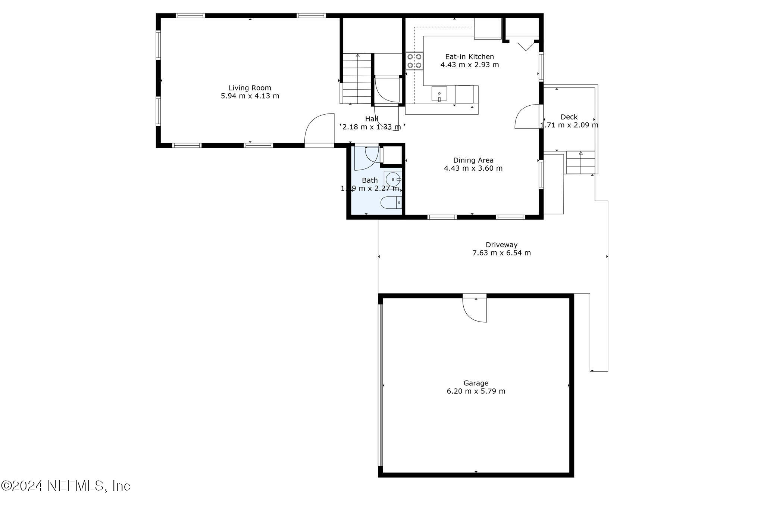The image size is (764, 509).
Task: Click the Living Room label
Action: point(250,88)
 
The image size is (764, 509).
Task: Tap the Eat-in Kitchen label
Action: point(469,57)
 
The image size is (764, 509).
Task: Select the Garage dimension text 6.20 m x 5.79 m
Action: point(476,391)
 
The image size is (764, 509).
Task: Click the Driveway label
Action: point(501,245)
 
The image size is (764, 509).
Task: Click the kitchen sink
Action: point(439,93)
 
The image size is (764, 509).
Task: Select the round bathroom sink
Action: point(393,180)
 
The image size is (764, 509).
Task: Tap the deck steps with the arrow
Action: point(580,162)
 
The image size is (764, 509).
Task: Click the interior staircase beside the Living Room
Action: point(357,78)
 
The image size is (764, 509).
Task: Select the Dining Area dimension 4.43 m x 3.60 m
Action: point(473,168)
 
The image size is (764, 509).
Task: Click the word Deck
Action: point(569,117)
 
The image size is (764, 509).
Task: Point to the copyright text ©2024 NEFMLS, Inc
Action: point(66,486)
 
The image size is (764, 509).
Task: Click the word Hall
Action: point(372,119)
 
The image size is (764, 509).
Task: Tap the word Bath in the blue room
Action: point(370,180)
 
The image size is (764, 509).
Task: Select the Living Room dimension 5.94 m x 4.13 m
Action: point(250,96)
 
